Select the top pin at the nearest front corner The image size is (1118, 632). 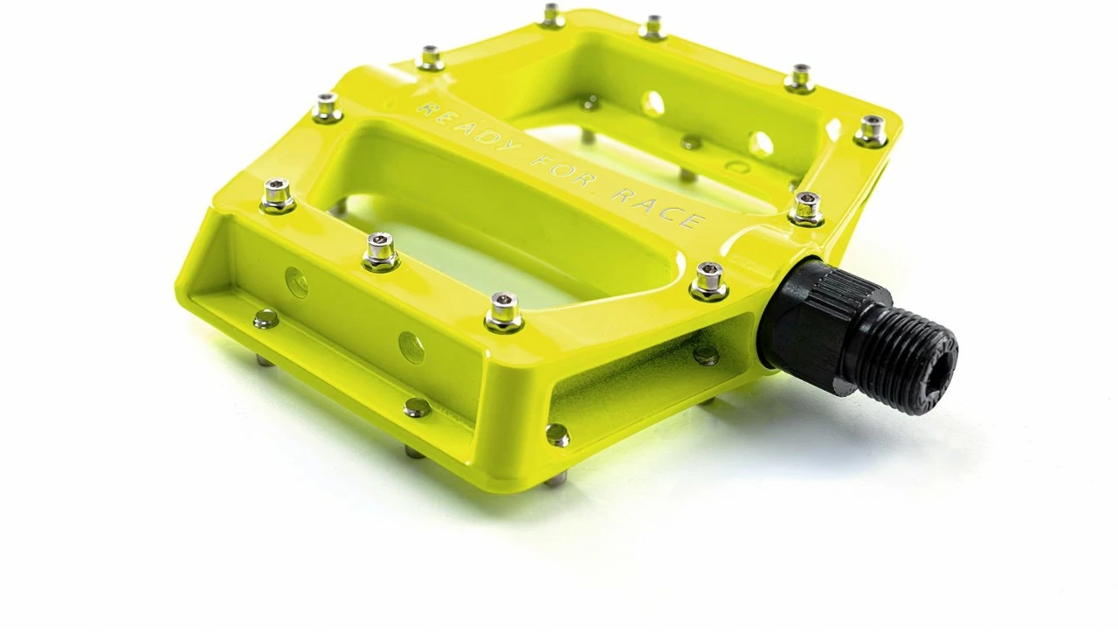(x=504, y=311)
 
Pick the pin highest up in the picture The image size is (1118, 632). (x=551, y=15)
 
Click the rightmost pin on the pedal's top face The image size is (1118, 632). (x=871, y=130)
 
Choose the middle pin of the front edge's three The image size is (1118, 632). (x=381, y=251)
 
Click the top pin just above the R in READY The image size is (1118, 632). (x=430, y=59)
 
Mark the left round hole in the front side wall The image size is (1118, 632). (x=297, y=281)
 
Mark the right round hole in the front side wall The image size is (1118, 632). (x=411, y=347)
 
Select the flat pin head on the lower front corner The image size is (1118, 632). (x=556, y=434)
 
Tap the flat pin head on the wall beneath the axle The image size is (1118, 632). (x=706, y=354)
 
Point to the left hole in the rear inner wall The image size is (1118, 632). (x=652, y=104)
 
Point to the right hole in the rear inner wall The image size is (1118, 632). (x=760, y=143)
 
